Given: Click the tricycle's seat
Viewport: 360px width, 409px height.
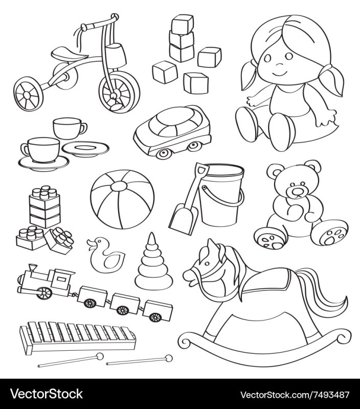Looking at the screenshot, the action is tap(69, 54).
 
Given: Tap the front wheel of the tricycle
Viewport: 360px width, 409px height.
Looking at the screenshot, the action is tap(119, 92).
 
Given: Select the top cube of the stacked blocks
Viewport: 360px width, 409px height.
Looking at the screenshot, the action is tap(183, 24).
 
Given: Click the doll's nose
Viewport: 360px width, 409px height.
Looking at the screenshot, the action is tap(280, 64).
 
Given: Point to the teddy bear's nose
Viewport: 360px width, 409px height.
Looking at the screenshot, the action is tap(297, 192).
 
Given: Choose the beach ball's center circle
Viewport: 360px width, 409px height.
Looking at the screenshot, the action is tap(119, 187).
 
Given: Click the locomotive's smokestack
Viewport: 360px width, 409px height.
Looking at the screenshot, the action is tap(33, 268).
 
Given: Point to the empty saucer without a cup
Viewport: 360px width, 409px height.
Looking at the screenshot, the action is tap(85, 149).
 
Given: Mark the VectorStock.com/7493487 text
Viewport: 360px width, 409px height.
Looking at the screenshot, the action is tap(294, 394).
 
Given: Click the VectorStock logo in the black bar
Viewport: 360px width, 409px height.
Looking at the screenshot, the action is tap(47, 394).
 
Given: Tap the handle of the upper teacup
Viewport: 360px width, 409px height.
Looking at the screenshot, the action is tap(83, 128).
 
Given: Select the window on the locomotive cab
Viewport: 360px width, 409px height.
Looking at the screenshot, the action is tap(61, 279).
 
